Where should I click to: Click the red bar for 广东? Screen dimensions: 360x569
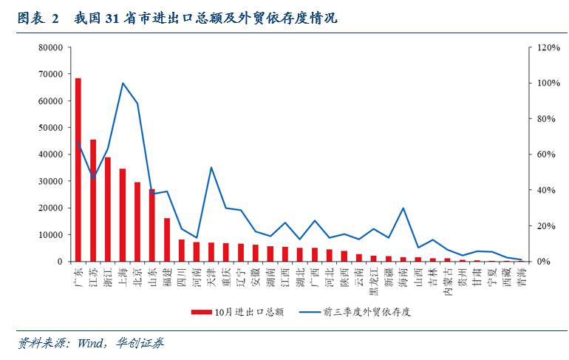tap(78, 170)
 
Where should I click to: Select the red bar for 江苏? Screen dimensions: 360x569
tap(93, 200)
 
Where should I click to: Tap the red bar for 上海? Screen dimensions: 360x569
tap(123, 215)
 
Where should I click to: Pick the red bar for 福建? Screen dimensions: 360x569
tap(167, 240)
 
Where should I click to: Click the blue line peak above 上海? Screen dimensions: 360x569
tap(123, 83)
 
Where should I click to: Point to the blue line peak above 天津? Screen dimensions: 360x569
tap(211, 167)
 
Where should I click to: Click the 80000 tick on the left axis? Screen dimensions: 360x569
tap(51, 47)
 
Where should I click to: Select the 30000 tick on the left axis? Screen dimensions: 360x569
tap(51, 181)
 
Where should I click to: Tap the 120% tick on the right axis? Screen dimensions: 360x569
tap(548, 47)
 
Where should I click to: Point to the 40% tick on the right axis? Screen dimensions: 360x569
tap(545, 190)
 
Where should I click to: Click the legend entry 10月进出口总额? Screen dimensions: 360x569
tap(236, 312)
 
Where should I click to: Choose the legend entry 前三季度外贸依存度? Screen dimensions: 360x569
tap(355, 312)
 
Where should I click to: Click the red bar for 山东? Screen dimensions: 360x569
tap(152, 225)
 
